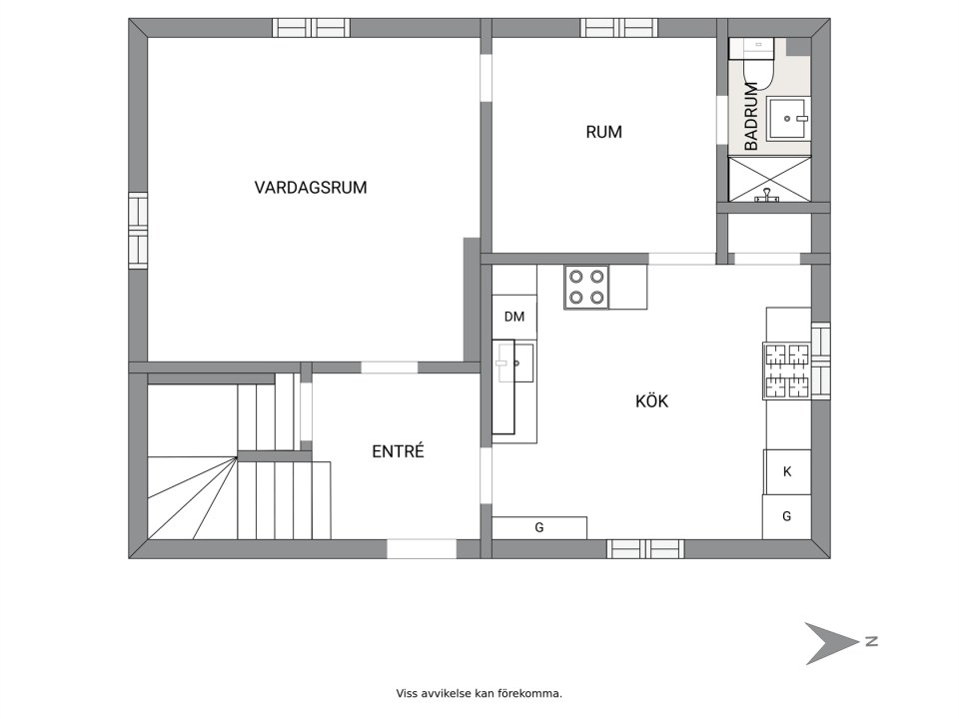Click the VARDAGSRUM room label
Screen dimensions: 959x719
[310, 187]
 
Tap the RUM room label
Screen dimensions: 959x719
[603, 131]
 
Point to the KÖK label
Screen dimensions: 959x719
[651, 401]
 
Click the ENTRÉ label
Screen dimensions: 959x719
[398, 451]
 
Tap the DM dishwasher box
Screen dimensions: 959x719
[514, 318]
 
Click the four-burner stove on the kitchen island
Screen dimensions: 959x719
[586, 286]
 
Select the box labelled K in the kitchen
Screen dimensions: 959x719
[787, 471]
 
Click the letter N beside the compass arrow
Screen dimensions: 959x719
[871, 641]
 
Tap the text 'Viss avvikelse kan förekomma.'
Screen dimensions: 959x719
[479, 692]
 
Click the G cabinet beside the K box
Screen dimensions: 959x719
[787, 517]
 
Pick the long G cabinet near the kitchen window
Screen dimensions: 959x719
[539, 527]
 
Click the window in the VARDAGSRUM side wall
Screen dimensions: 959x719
[138, 230]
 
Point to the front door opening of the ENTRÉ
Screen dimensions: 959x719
[422, 548]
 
